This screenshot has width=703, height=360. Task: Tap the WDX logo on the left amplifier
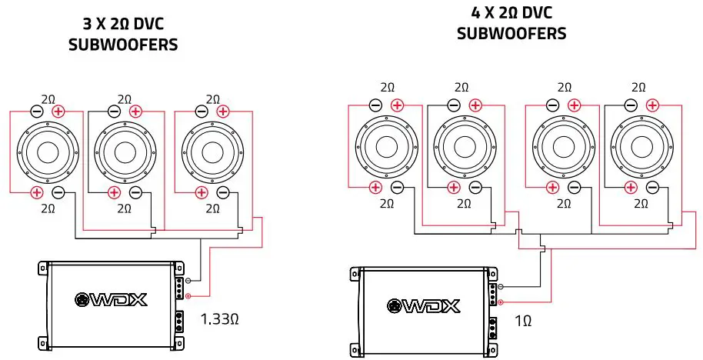point(111,299)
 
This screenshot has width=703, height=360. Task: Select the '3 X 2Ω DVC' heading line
point(123,25)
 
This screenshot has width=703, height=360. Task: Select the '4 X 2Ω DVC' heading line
point(511,13)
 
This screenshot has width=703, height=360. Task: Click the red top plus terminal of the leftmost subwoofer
point(58,112)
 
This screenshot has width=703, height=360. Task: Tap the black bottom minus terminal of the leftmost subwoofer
point(58,192)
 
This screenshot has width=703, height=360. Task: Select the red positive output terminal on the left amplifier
point(187,295)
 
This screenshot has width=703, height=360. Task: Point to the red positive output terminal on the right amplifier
point(501,302)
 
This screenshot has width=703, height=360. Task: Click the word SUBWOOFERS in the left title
point(123,45)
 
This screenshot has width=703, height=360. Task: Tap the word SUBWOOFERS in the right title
point(511,33)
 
